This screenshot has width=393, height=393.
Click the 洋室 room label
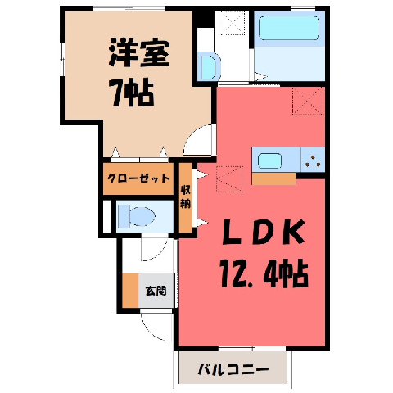139,53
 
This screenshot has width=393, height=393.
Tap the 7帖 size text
133,93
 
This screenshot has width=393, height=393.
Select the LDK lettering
264,232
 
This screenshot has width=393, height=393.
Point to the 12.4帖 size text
264,273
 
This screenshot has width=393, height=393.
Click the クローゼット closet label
138,178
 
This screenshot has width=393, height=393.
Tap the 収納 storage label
186,197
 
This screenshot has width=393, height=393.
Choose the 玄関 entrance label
156,291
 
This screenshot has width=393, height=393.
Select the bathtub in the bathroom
289,28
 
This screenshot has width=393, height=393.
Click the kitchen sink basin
269,161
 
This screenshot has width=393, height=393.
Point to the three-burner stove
313,160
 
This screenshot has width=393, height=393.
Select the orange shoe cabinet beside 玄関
130,291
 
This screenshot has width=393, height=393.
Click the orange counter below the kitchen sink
273,179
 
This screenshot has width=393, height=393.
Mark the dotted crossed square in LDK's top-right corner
307,101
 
